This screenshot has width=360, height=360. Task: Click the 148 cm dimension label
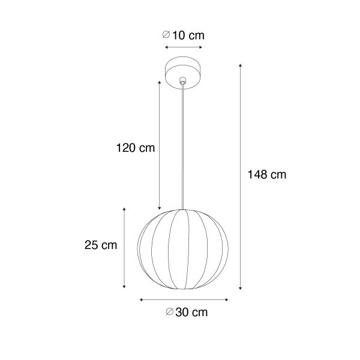pyautogui.click(x=267, y=175)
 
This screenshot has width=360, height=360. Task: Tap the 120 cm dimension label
pyautogui.click(x=135, y=148)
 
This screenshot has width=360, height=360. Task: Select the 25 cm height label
pyautogui.click(x=100, y=245)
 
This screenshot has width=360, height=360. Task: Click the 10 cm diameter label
pyautogui.click(x=188, y=35)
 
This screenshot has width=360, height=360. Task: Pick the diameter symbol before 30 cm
pyautogui.click(x=169, y=311)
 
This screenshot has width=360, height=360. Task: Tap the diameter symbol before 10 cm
pyautogui.click(x=167, y=35)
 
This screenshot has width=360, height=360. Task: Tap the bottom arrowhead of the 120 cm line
pyautogui.click(x=159, y=206)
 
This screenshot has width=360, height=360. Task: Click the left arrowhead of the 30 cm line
pyautogui.click(x=141, y=299)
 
